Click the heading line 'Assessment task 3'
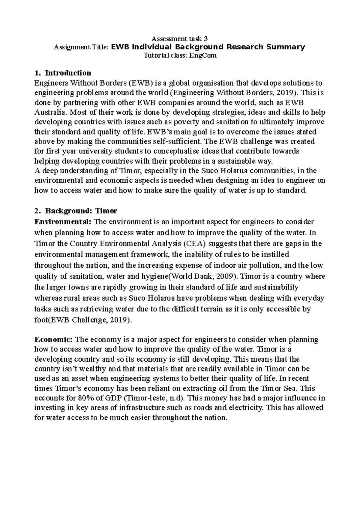pyautogui.click(x=179, y=39)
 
